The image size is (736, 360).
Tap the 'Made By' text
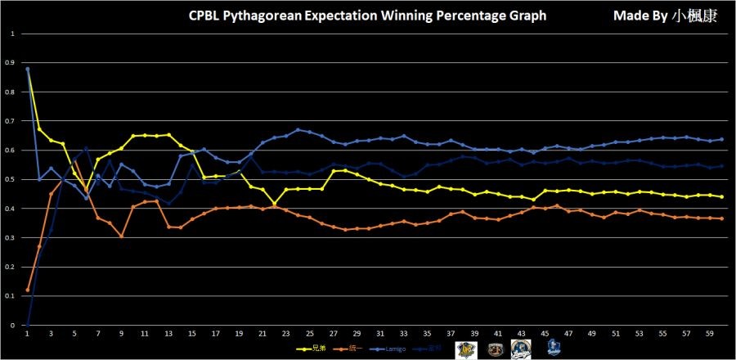[636, 16]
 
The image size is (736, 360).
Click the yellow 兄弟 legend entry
[312, 348]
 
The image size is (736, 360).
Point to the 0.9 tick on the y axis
[10, 63]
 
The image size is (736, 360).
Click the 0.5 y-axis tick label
[10, 179]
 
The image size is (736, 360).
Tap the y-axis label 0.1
[10, 296]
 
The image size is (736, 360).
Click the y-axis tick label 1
[12, 34]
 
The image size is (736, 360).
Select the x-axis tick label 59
[709, 335]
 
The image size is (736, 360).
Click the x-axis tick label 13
[168, 335]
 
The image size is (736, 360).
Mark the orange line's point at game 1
[28, 290]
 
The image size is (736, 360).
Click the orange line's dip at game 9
[122, 236]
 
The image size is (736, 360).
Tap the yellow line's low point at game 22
[275, 203]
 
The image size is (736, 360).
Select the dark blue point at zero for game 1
[28, 325]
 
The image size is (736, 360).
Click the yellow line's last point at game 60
[721, 196]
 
